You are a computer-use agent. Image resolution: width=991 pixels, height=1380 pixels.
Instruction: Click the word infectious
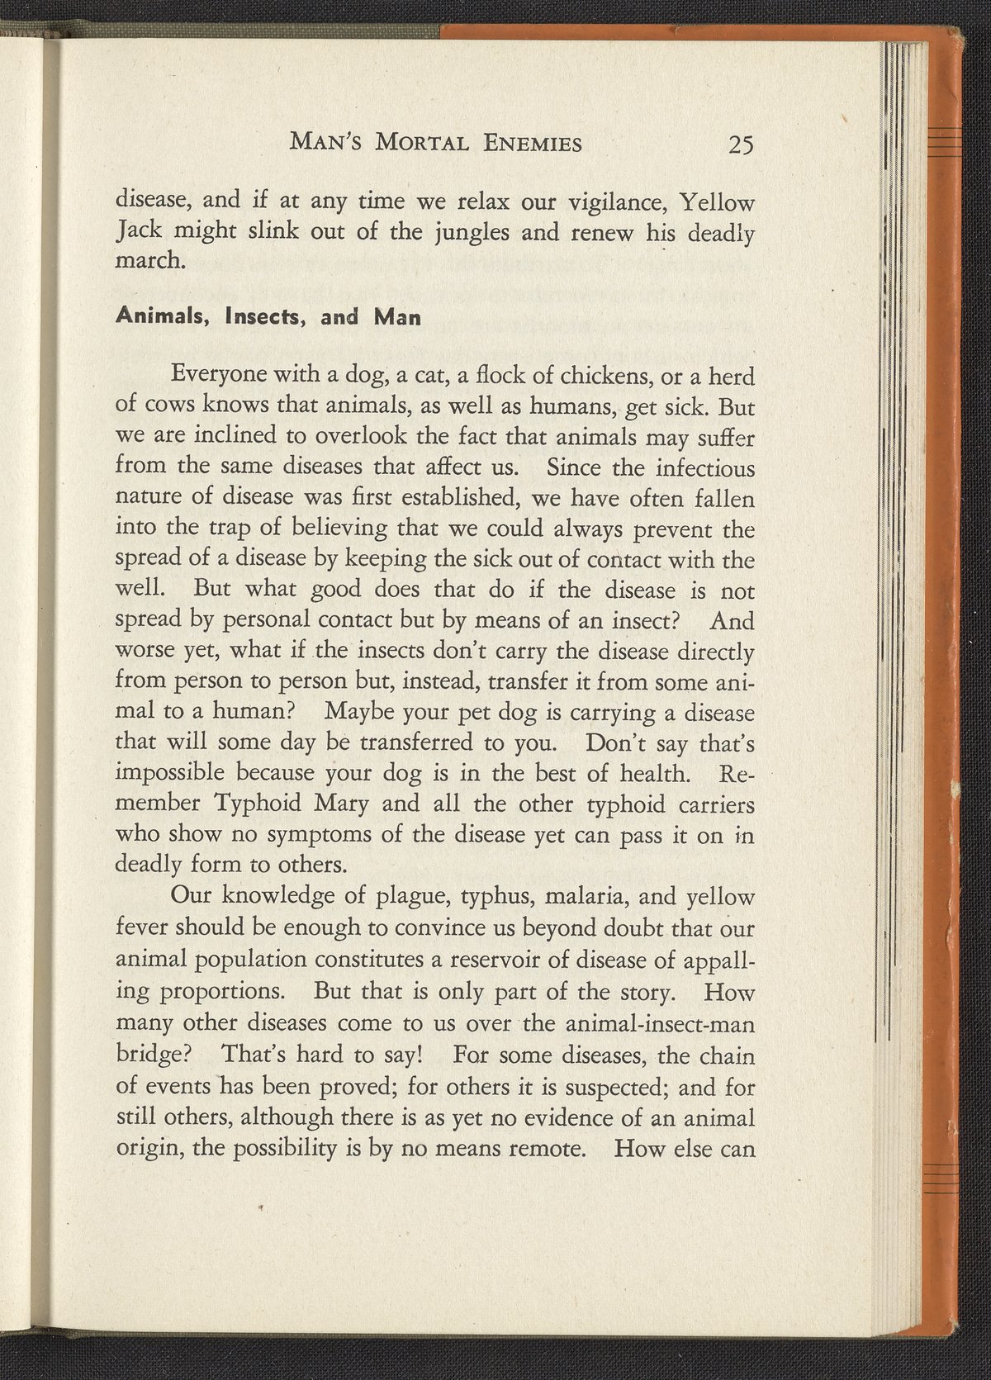pyautogui.click(x=701, y=468)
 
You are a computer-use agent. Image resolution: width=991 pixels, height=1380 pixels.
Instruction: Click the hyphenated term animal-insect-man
pyautogui.click(x=661, y=1024)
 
